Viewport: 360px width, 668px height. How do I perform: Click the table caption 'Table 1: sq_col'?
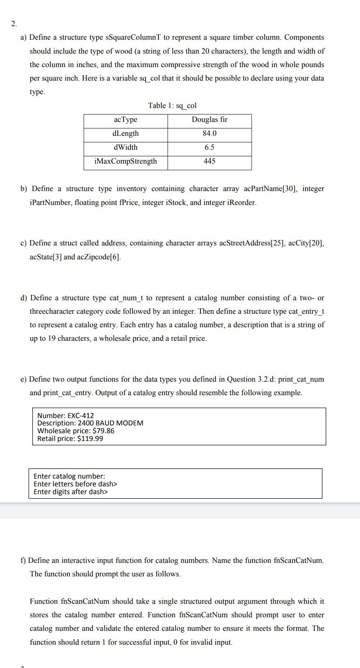[172, 106]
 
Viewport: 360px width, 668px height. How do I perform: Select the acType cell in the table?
[126, 119]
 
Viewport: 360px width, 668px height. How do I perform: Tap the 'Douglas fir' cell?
[209, 119]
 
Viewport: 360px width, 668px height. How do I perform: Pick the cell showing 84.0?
[209, 133]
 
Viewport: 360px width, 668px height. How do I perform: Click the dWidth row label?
[126, 147]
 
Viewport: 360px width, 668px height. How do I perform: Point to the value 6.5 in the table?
[209, 147]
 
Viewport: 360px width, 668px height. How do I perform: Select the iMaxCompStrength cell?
[126, 161]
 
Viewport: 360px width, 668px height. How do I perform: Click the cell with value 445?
[209, 161]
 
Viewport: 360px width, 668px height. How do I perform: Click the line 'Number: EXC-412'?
[65, 416]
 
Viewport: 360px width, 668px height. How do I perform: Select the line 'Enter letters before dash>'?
[75, 484]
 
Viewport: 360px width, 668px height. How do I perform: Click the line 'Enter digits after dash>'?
[71, 492]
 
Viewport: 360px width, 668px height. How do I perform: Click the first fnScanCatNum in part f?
[299, 560]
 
